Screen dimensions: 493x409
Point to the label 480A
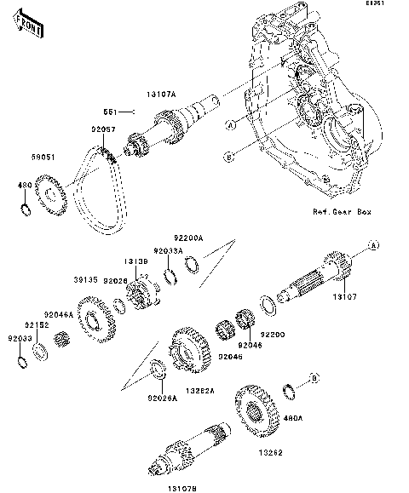point(292,418)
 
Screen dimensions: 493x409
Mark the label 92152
point(34,324)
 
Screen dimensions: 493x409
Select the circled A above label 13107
point(371,245)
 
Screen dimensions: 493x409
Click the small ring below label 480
point(26,209)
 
